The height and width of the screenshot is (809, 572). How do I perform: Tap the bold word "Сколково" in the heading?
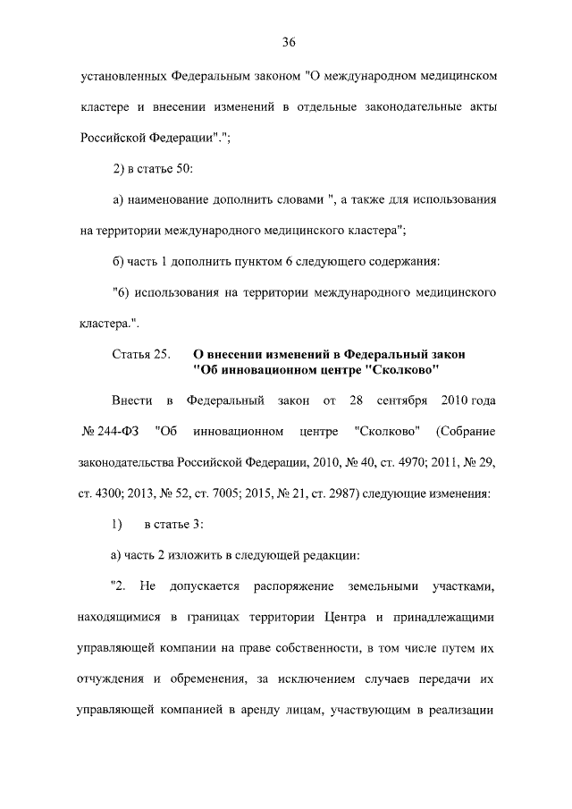402,370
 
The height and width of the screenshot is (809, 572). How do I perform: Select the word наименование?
170,198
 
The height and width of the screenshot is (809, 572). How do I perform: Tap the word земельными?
375,586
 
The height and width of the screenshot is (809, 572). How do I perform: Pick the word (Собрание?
466,433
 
